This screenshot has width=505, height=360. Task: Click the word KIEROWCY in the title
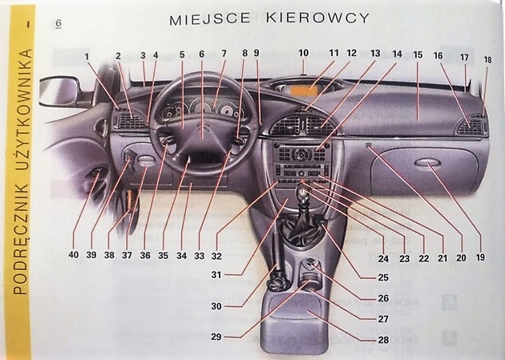coord(318,18)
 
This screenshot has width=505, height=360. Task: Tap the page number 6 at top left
coord(59,22)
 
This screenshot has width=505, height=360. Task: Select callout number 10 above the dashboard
coord(303,55)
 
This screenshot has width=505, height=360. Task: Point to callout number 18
coord(487,60)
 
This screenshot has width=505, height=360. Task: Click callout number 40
coord(73,255)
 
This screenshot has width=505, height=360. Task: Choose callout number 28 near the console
coord(383,340)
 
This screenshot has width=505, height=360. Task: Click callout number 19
coord(479,258)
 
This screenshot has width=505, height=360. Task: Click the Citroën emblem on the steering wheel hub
coord(202,127)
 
